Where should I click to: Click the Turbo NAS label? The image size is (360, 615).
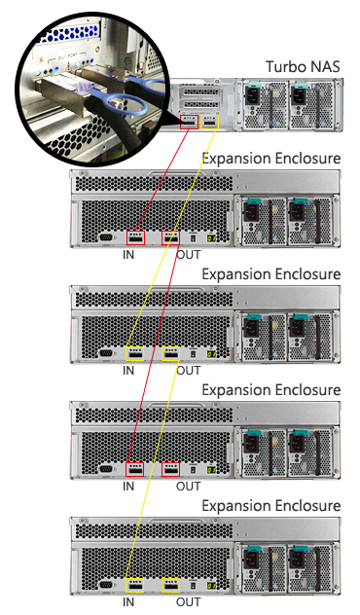pyautogui.click(x=304, y=66)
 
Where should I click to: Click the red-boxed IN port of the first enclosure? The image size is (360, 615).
pyautogui.click(x=136, y=237)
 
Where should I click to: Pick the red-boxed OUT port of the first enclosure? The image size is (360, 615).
pyautogui.click(x=171, y=237)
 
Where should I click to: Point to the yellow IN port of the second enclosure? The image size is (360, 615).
pyautogui.click(x=136, y=353)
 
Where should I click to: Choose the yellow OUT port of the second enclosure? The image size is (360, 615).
pyautogui.click(x=171, y=353)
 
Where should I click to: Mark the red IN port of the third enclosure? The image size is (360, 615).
pyautogui.click(x=136, y=469)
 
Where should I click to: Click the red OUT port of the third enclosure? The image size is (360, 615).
pyautogui.click(x=171, y=469)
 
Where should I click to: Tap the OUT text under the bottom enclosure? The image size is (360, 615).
pyautogui.click(x=189, y=603)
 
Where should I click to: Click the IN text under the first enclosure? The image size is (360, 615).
pyautogui.click(x=128, y=256)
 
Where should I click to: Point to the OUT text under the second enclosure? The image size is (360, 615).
pyautogui.click(x=189, y=372)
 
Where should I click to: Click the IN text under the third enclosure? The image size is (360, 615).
pyautogui.click(x=128, y=488)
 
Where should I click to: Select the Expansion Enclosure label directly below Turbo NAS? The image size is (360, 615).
pyautogui.click(x=270, y=159)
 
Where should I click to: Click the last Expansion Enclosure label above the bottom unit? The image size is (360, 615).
pyautogui.click(x=270, y=506)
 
